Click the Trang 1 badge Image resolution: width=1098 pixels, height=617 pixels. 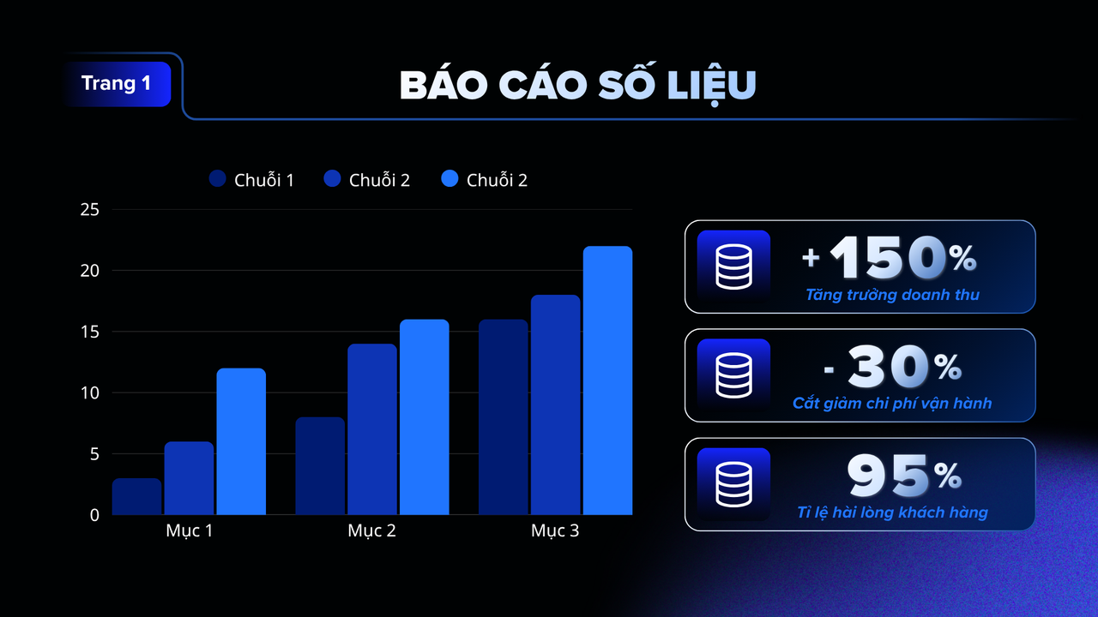[x=117, y=84]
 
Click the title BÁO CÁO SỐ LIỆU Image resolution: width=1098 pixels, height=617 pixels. [x=577, y=85]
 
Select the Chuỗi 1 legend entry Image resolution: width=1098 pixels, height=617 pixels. [x=251, y=180]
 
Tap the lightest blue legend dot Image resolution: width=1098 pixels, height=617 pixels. [x=450, y=179]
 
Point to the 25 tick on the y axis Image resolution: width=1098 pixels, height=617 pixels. [x=90, y=210]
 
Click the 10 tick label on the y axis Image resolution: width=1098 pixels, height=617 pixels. [x=90, y=393]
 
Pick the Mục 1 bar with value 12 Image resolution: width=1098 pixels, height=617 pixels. [x=241, y=441]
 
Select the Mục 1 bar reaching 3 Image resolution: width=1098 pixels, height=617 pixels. [x=137, y=496]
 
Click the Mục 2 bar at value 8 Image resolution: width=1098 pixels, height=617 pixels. [x=320, y=466]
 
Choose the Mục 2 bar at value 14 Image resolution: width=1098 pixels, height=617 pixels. [x=372, y=429]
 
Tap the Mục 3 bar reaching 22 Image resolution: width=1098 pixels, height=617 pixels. [x=607, y=380]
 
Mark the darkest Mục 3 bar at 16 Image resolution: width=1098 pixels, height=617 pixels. [x=503, y=417]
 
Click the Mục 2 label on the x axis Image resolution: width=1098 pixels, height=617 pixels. [x=371, y=531]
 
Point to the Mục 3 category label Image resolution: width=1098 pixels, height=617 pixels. [x=555, y=531]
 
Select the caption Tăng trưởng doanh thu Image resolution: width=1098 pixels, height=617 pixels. [x=892, y=295]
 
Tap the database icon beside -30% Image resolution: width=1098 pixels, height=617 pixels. [x=733, y=375]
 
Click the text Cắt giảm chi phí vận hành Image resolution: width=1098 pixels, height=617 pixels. [x=892, y=403]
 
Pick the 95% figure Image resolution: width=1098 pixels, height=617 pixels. [x=904, y=476]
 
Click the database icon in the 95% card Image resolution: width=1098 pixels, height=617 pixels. [x=733, y=484]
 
